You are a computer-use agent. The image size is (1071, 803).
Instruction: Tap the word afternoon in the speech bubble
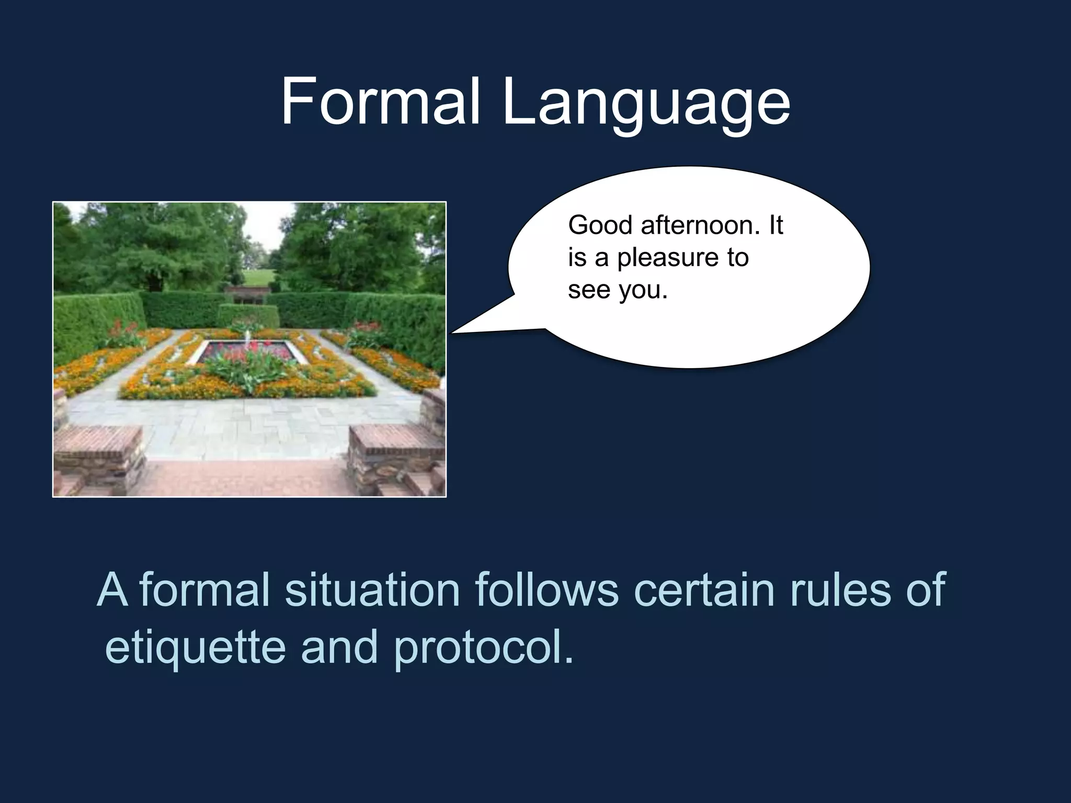tap(700, 226)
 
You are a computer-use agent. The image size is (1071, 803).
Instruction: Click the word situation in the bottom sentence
tap(372, 590)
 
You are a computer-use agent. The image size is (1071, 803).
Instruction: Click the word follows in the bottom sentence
tap(546, 590)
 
